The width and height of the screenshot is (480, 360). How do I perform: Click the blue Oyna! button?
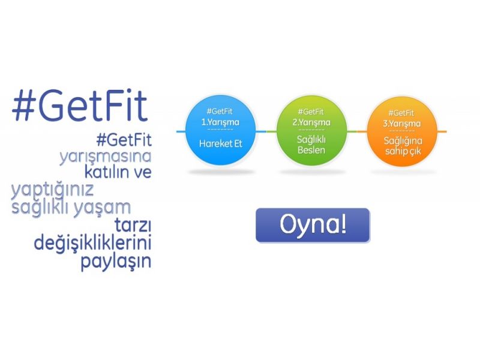click(x=313, y=226)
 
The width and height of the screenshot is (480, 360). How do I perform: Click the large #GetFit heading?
click(x=80, y=106)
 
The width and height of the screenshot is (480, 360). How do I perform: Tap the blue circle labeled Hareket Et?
click(x=221, y=131)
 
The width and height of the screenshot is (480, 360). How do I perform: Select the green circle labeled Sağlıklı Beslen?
click(x=311, y=131)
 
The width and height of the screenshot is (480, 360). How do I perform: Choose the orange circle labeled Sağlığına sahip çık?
click(x=402, y=131)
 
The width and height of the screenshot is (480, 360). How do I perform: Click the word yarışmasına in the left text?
click(x=106, y=157)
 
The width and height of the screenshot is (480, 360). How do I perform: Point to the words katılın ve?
click(x=118, y=172)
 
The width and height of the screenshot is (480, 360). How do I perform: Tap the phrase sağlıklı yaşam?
click(x=71, y=208)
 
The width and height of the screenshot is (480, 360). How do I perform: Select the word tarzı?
click(x=133, y=226)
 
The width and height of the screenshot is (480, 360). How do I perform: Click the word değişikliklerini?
click(x=92, y=244)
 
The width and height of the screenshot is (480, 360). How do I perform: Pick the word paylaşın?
click(x=116, y=262)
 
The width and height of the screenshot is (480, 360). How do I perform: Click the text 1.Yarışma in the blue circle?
click(x=220, y=122)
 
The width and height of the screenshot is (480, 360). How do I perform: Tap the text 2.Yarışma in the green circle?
click(x=311, y=123)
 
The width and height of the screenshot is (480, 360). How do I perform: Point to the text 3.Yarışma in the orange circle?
click(x=401, y=124)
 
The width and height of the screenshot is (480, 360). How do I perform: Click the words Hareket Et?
click(x=221, y=143)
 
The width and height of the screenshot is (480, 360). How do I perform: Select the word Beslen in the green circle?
click(x=311, y=150)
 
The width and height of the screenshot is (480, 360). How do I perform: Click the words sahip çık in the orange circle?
click(x=403, y=151)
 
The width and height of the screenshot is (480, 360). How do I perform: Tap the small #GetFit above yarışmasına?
click(x=124, y=140)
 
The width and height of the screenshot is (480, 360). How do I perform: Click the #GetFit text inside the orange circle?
click(x=401, y=113)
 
